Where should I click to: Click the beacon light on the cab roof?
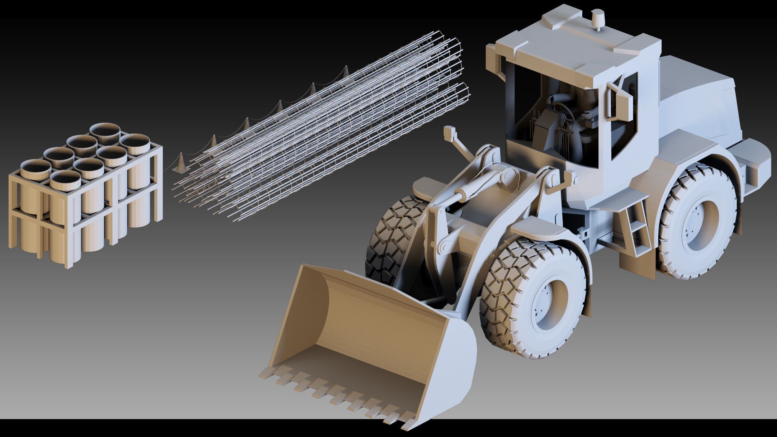click(x=598, y=20)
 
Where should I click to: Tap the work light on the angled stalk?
click(x=449, y=133)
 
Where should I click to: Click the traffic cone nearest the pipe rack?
click(x=181, y=163)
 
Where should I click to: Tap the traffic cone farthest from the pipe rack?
click(x=346, y=72)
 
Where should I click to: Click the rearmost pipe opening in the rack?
click(x=105, y=133)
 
